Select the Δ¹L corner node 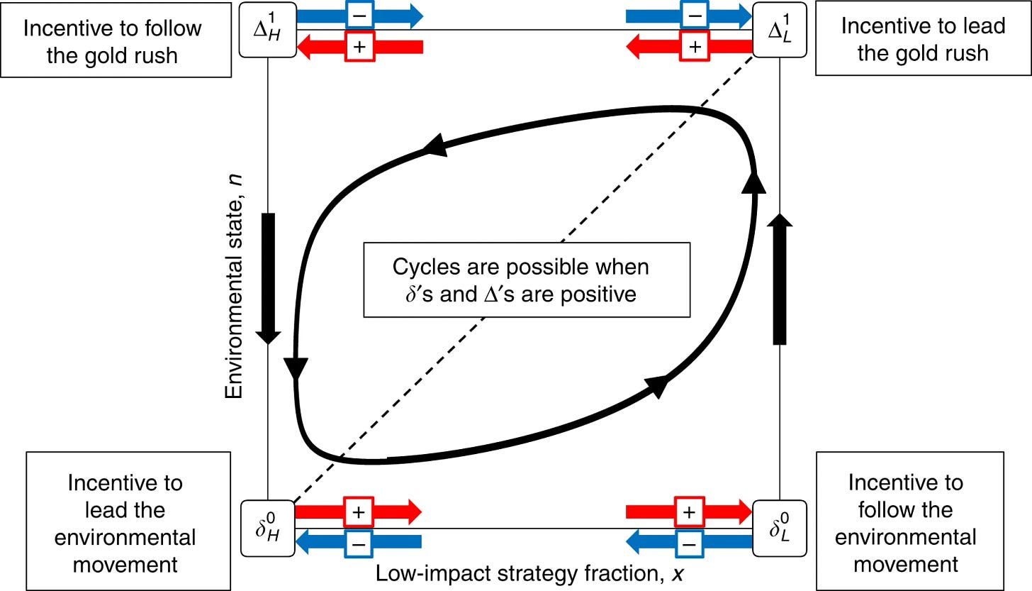(780, 30)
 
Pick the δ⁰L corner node (780, 527)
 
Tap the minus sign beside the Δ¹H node (358, 16)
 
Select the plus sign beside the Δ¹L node (695, 47)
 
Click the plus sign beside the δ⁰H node (358, 512)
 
